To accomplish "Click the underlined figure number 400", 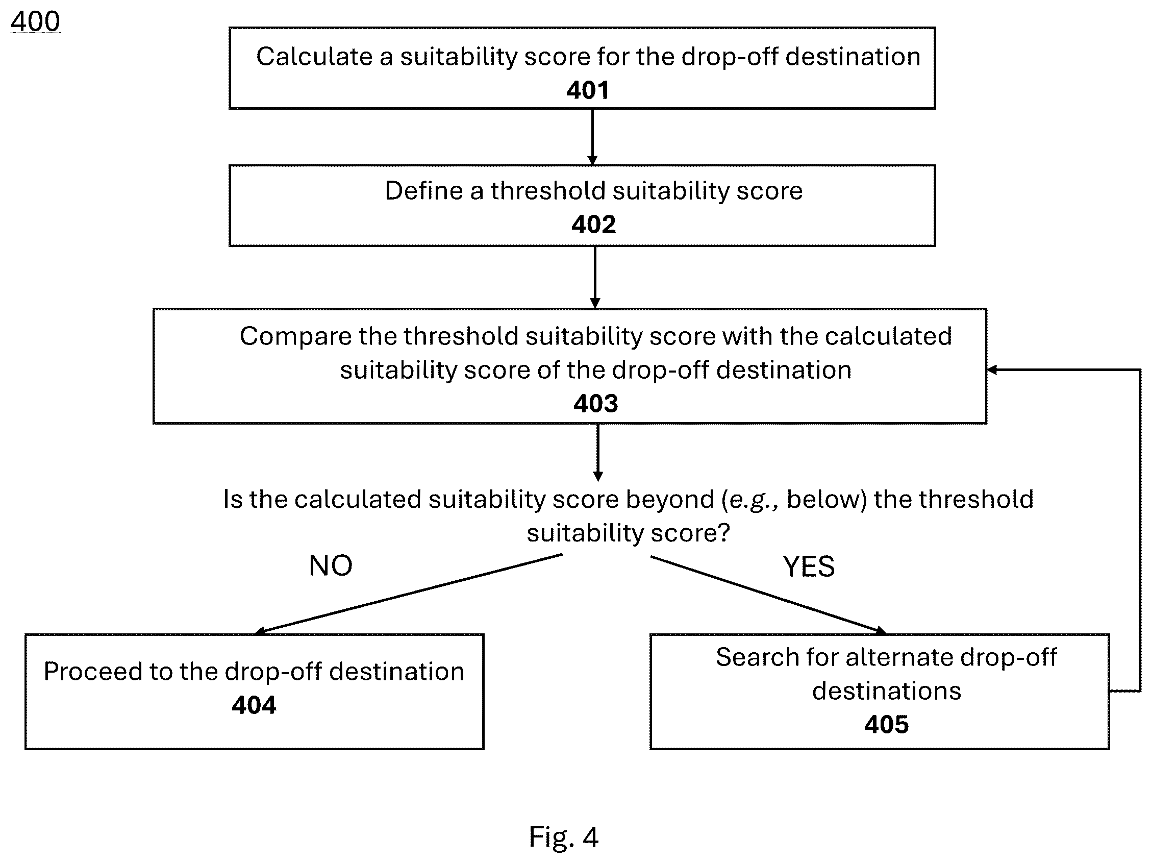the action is pyautogui.click(x=35, y=22).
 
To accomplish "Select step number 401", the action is pyautogui.click(x=588, y=90).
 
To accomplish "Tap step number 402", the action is pyautogui.click(x=594, y=225).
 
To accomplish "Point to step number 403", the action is pyautogui.click(x=596, y=403).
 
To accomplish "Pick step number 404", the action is pyautogui.click(x=254, y=705).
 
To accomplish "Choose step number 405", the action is pyautogui.click(x=886, y=725).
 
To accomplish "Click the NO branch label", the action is pyautogui.click(x=331, y=565).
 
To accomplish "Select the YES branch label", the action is pyautogui.click(x=809, y=566).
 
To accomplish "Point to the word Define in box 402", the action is pyautogui.click(x=424, y=191).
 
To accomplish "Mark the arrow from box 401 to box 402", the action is pyautogui.click(x=592, y=137).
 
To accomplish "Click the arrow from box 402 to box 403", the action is pyautogui.click(x=595, y=278).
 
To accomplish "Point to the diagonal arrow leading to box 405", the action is pyautogui.click(x=768, y=595).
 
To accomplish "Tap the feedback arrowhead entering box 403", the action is pyautogui.click(x=992, y=370).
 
